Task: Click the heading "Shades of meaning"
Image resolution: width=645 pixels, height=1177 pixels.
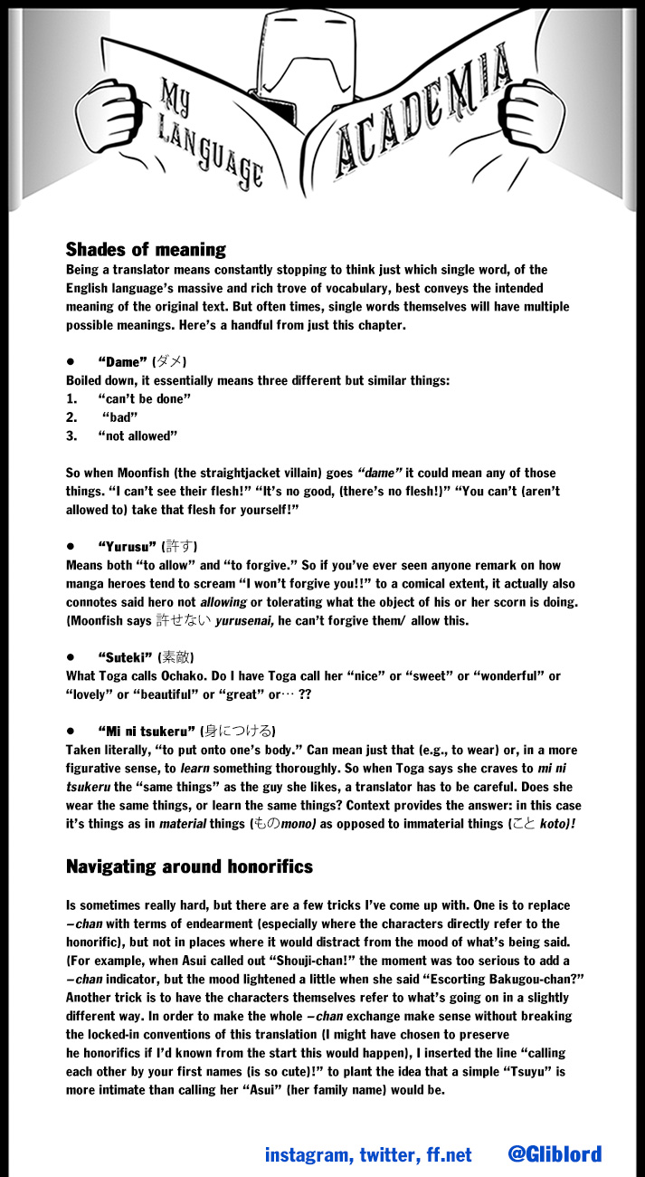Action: (146, 249)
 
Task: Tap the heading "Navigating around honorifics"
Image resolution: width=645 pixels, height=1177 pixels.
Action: (189, 866)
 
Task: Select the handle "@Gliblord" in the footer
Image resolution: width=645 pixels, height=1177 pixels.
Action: (554, 1154)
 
